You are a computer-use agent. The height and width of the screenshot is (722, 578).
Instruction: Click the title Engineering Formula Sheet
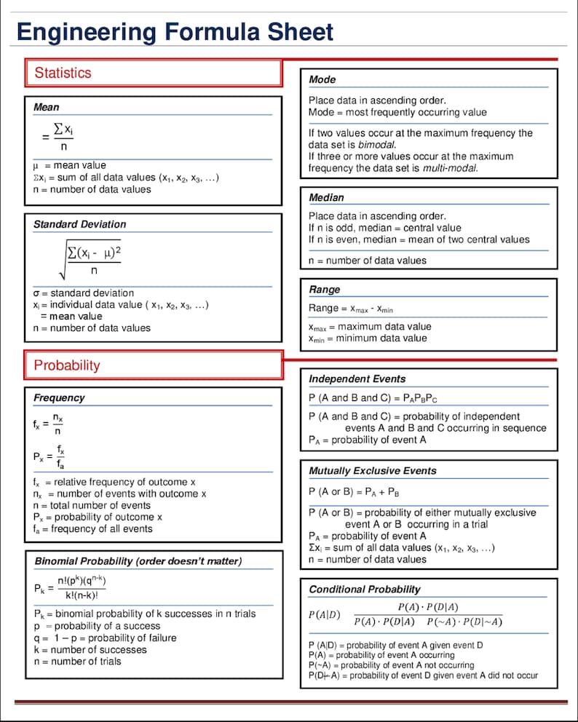pos(175,32)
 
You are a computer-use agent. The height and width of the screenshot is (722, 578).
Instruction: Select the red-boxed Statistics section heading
pos(63,73)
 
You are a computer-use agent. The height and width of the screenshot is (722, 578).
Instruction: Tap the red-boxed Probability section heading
pos(67,365)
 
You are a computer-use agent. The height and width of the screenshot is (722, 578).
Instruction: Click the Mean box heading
pos(47,107)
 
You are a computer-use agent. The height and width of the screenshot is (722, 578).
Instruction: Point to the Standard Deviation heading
pos(79,224)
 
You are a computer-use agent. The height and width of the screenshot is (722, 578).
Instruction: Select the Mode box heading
pos(322,79)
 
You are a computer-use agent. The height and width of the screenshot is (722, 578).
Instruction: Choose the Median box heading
pos(326,197)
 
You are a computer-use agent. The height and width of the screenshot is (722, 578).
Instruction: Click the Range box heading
pos(324,289)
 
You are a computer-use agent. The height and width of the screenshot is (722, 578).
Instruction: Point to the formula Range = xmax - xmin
pos(351,309)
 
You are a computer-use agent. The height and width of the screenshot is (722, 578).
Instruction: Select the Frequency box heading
pos(59,397)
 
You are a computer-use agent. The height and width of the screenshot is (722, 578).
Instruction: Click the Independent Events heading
pos(357,378)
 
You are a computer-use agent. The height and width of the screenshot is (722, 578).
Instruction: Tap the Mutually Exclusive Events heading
pos(372,471)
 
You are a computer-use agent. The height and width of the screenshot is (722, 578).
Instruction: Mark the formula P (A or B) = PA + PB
pos(355,491)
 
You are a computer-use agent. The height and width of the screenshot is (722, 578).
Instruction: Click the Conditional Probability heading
pos(365,589)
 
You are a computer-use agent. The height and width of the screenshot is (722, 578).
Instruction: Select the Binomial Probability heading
pos(138,561)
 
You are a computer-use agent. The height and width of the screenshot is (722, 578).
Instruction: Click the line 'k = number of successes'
pos(80,649)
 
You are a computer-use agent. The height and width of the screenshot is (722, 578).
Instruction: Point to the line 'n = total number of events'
pos(92,505)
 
